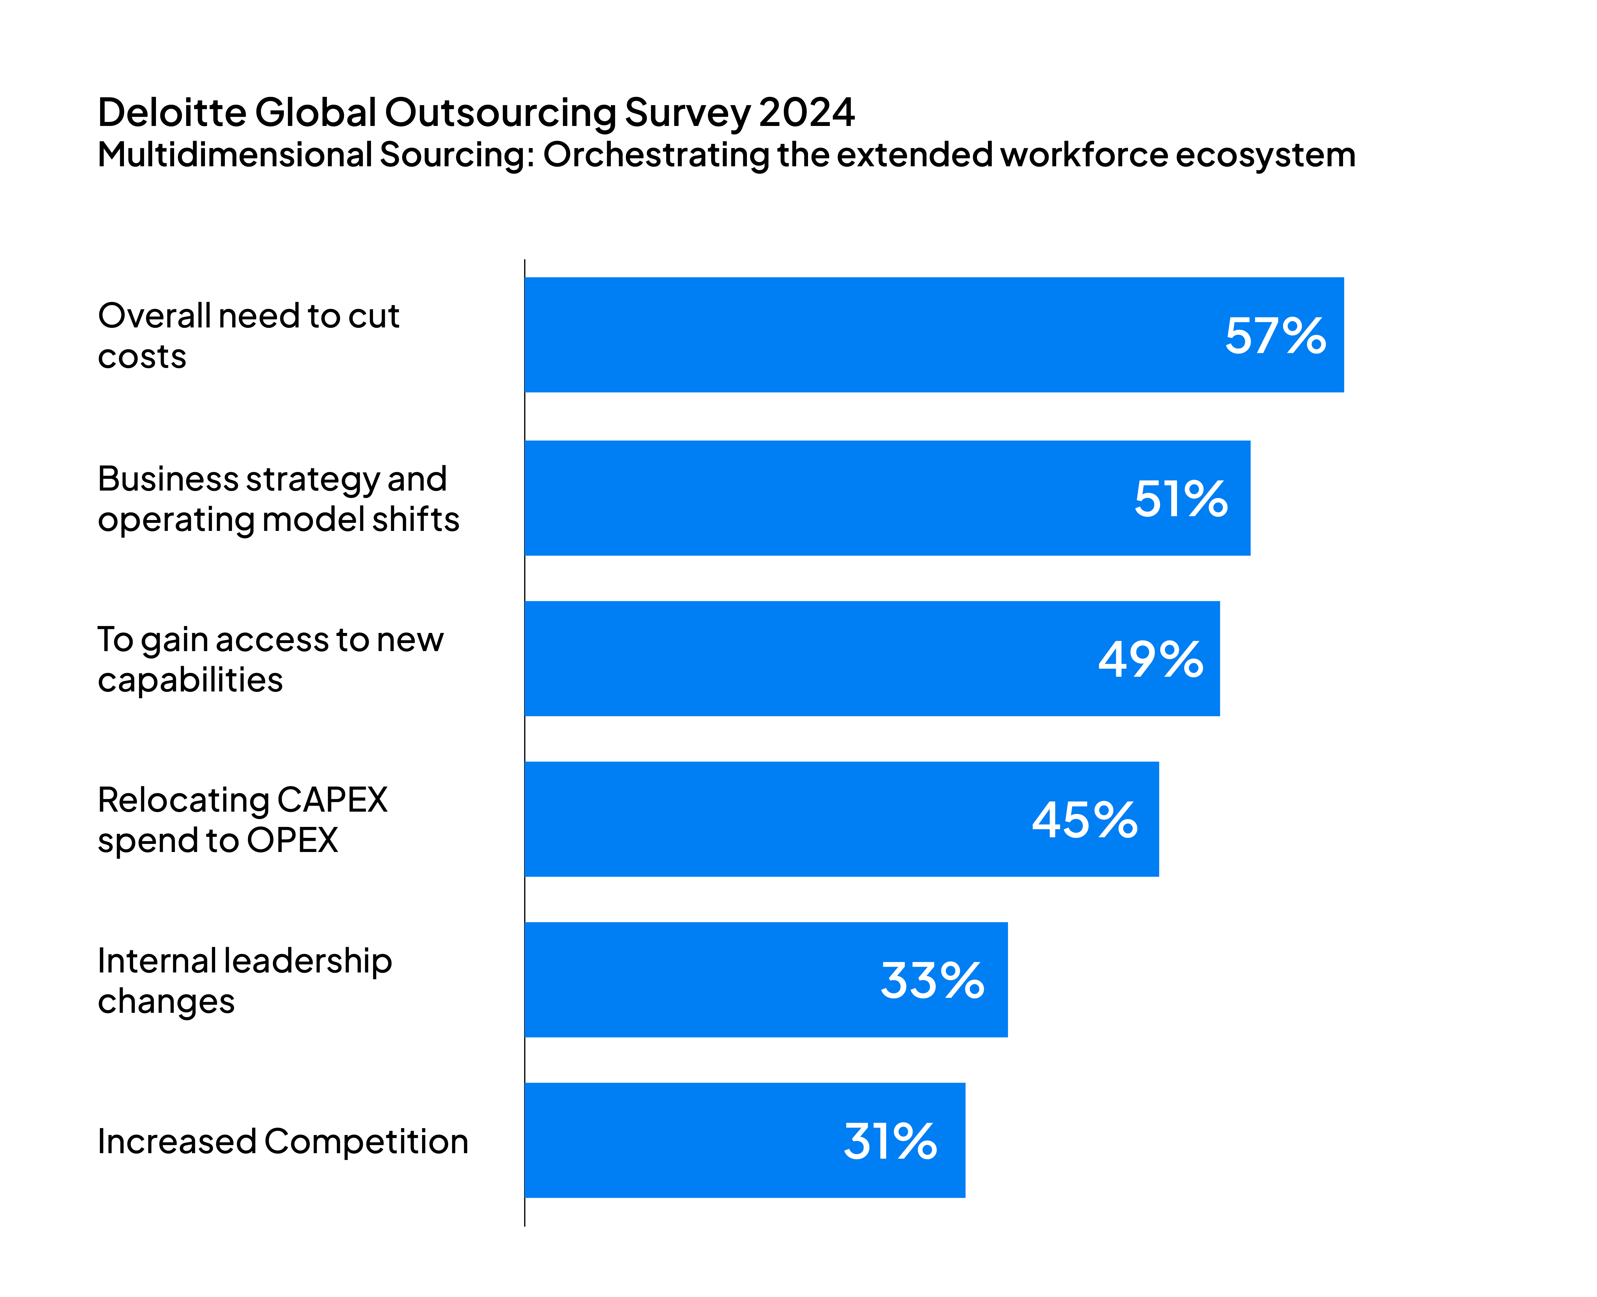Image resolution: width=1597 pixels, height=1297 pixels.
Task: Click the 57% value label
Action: pos(1275,336)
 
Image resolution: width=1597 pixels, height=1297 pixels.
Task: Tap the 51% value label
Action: pos(1181,499)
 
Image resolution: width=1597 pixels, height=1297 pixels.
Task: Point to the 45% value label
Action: pos(1084,820)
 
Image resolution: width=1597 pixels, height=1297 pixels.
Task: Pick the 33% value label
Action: pos(932,981)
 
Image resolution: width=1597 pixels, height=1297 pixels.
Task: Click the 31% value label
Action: pos(890,1142)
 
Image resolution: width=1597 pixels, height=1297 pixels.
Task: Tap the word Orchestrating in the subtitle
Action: pos(656,155)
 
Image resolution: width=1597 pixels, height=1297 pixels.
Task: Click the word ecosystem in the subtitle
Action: pos(1265,155)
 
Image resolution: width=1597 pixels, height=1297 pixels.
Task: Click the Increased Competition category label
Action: pos(283,1142)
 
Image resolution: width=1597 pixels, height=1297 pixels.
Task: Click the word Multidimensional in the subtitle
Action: pos(235,155)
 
